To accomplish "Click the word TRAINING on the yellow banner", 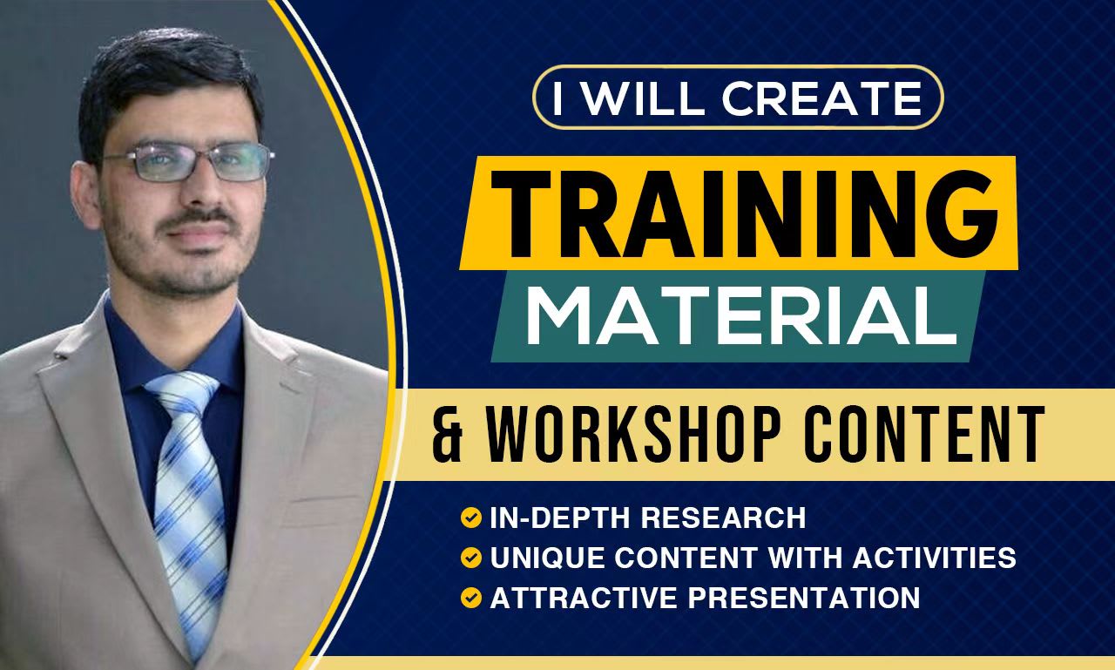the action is click(x=745, y=214).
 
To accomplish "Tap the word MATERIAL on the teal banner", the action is click(x=741, y=315).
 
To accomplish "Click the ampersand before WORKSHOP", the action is click(x=448, y=435).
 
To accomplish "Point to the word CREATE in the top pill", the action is click(x=821, y=99).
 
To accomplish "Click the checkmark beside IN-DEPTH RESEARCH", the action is click(x=471, y=518).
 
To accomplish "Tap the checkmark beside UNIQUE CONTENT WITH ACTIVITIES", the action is click(x=471, y=558).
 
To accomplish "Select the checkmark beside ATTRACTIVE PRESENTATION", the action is click(x=471, y=598).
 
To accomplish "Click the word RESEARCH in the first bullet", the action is click(x=723, y=518).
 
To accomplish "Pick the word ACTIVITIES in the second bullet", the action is click(x=935, y=558).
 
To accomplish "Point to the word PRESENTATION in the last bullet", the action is click(x=804, y=598).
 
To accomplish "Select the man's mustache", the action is click(x=198, y=218).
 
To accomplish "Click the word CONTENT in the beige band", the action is click(x=924, y=434).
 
